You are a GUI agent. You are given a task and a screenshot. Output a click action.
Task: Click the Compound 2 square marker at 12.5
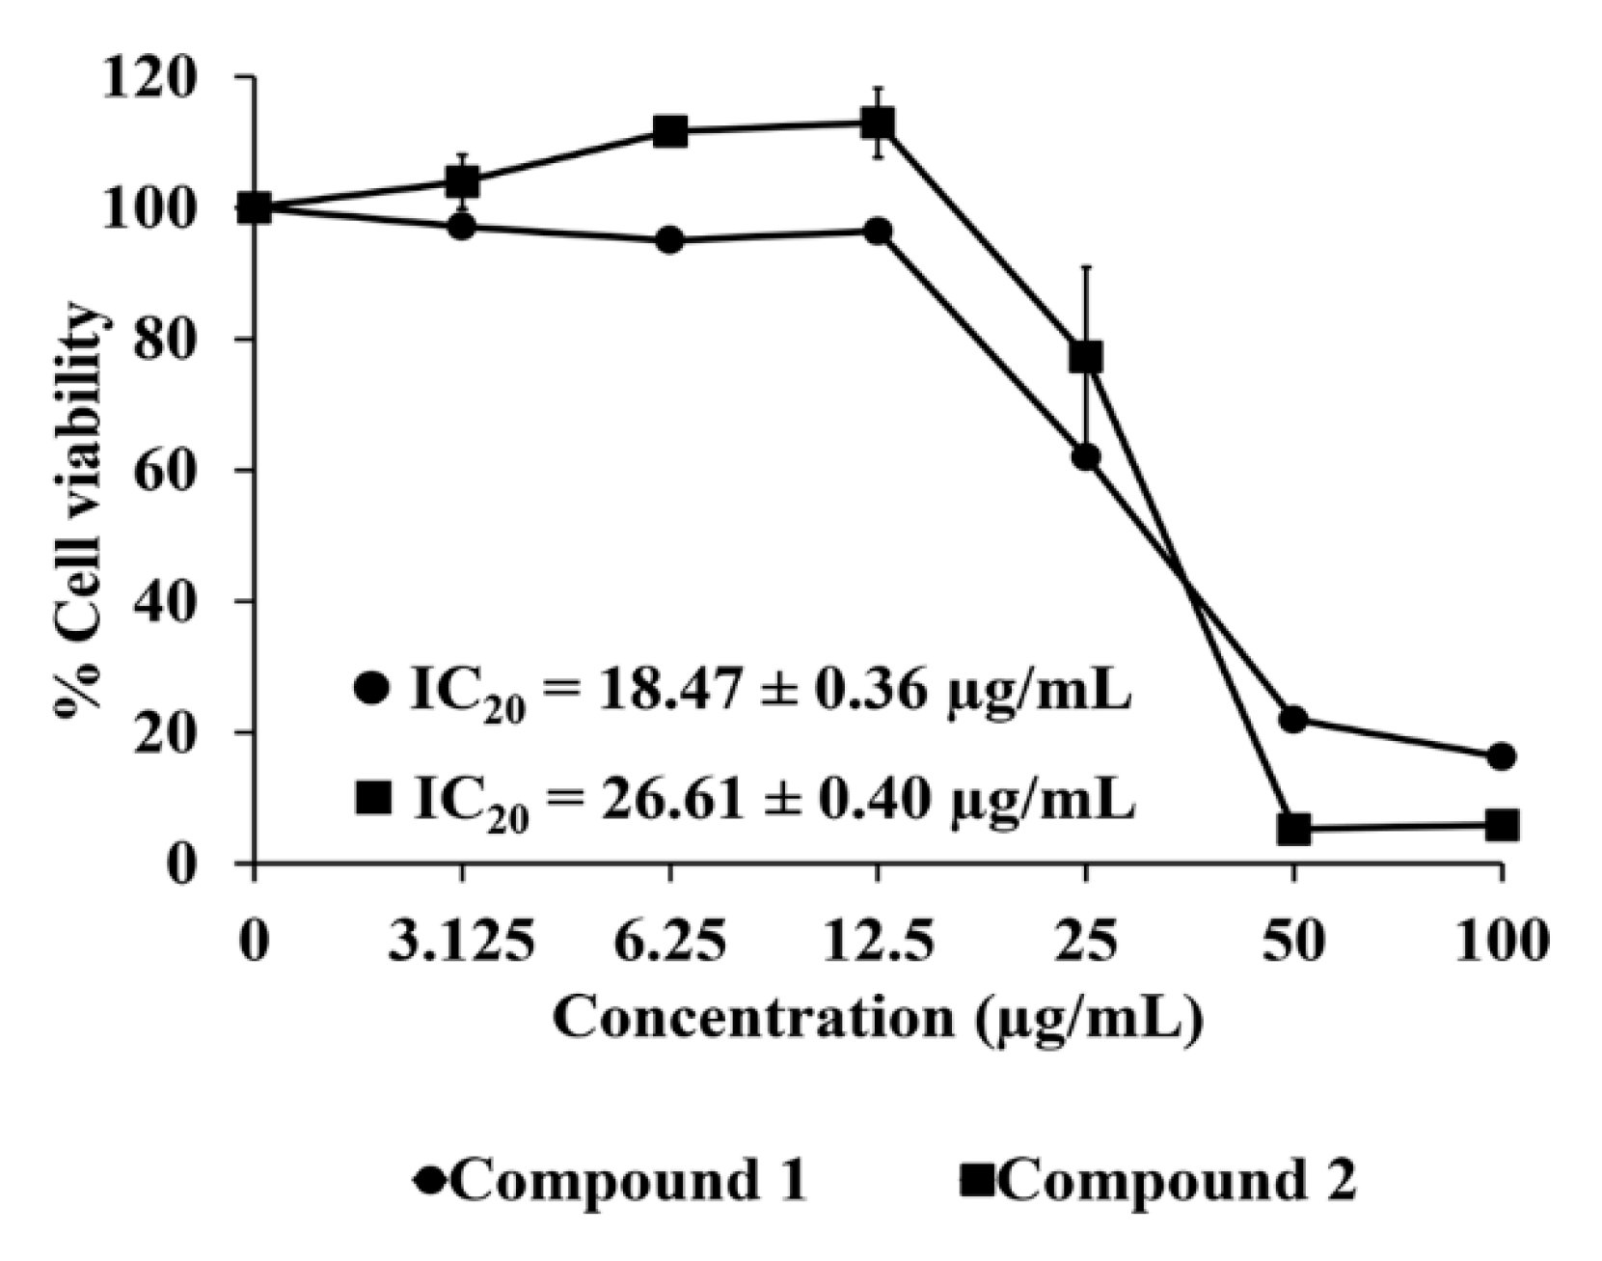click(x=878, y=123)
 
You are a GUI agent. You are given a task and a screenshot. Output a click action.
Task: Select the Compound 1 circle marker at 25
click(x=1086, y=457)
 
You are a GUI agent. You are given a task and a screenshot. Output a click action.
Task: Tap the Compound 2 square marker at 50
click(x=1293, y=829)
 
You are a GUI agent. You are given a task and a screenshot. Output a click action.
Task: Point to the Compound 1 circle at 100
click(x=1501, y=756)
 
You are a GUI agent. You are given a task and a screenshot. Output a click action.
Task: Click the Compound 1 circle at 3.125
click(x=462, y=228)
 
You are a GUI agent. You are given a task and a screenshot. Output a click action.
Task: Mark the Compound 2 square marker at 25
click(x=1086, y=357)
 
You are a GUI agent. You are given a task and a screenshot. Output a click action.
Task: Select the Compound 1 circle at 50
click(x=1293, y=719)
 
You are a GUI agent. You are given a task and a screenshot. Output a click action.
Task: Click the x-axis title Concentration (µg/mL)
click(x=878, y=1019)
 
